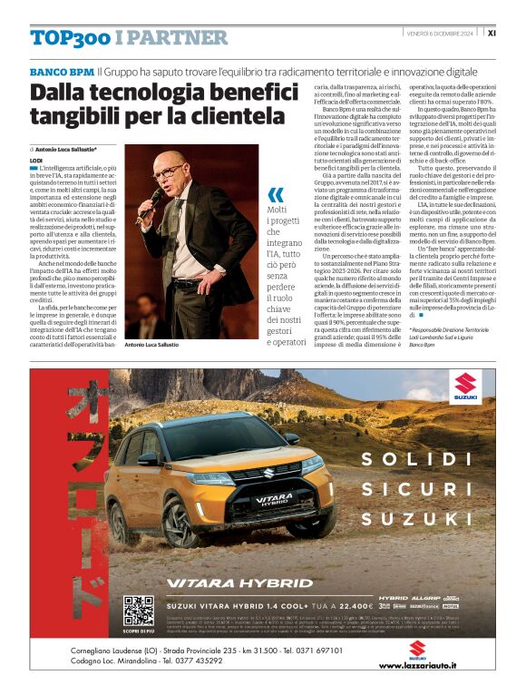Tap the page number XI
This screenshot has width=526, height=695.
491,33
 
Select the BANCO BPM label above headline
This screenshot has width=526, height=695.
62,71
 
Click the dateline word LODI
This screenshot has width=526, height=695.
36,160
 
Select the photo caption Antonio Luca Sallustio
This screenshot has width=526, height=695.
151,346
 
